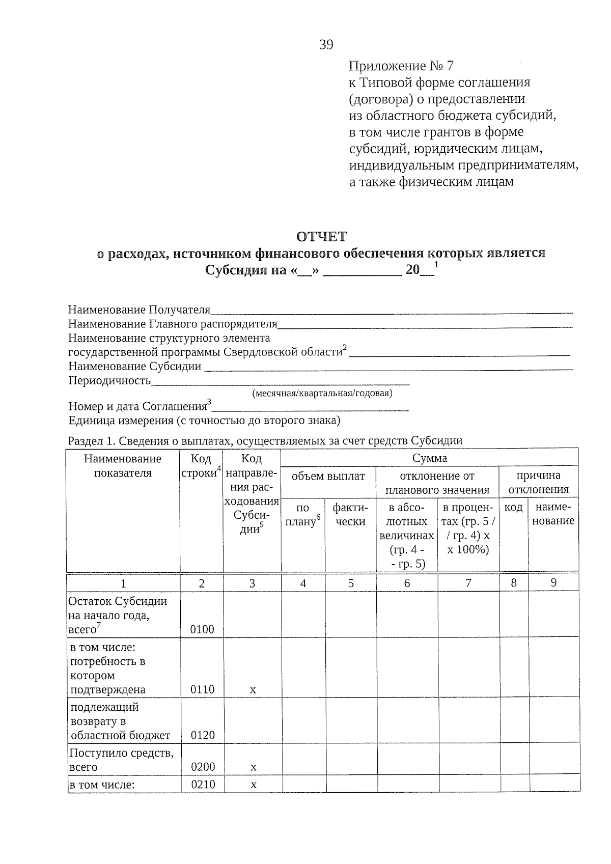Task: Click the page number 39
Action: coord(326,45)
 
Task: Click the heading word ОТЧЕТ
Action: coord(321,236)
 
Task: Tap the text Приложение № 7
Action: coord(401,66)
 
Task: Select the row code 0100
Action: coord(202,629)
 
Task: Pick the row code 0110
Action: coord(202,690)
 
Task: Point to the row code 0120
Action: coord(202,735)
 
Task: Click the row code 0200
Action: coord(202,767)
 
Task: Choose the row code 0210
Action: coord(202,785)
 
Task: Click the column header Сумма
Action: coord(429,458)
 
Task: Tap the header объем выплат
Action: coord(328,476)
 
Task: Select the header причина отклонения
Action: coord(538,483)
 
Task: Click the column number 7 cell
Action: coord(468,583)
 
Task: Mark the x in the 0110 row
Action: coord(253,690)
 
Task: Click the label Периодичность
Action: coord(109,380)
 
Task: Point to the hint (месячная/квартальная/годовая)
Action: coord(322,393)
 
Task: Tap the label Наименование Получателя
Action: coord(139,310)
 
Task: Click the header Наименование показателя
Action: coord(123,465)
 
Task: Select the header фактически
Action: coord(350,514)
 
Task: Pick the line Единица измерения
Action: coord(204,420)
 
